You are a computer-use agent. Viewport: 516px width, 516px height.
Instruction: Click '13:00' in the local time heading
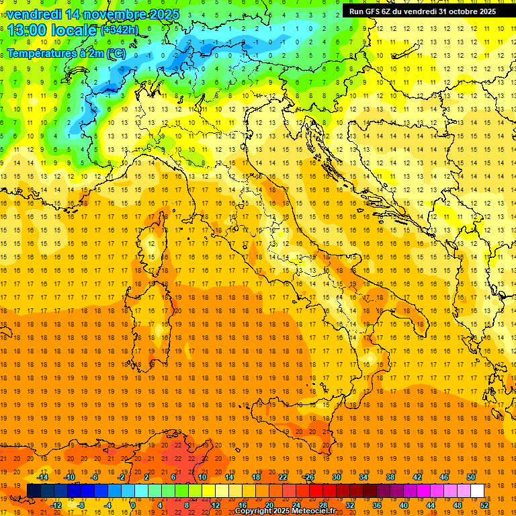27,30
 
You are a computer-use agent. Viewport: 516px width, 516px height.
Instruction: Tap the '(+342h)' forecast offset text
120,30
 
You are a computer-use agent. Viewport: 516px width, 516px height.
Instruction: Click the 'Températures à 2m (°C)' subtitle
66,53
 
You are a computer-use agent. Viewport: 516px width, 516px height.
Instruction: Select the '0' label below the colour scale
134,505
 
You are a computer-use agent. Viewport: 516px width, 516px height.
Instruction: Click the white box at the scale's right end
477,490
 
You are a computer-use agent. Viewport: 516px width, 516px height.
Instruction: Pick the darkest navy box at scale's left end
34,490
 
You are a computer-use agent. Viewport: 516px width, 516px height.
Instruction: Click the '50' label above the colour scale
471,477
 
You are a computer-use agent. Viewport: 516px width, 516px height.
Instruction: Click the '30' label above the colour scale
336,477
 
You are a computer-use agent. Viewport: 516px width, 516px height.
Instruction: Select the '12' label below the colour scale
216,505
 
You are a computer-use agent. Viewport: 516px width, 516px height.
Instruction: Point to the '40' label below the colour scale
404,505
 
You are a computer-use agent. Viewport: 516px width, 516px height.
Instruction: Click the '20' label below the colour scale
269,505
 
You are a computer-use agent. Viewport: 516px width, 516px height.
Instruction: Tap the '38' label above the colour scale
390,477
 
